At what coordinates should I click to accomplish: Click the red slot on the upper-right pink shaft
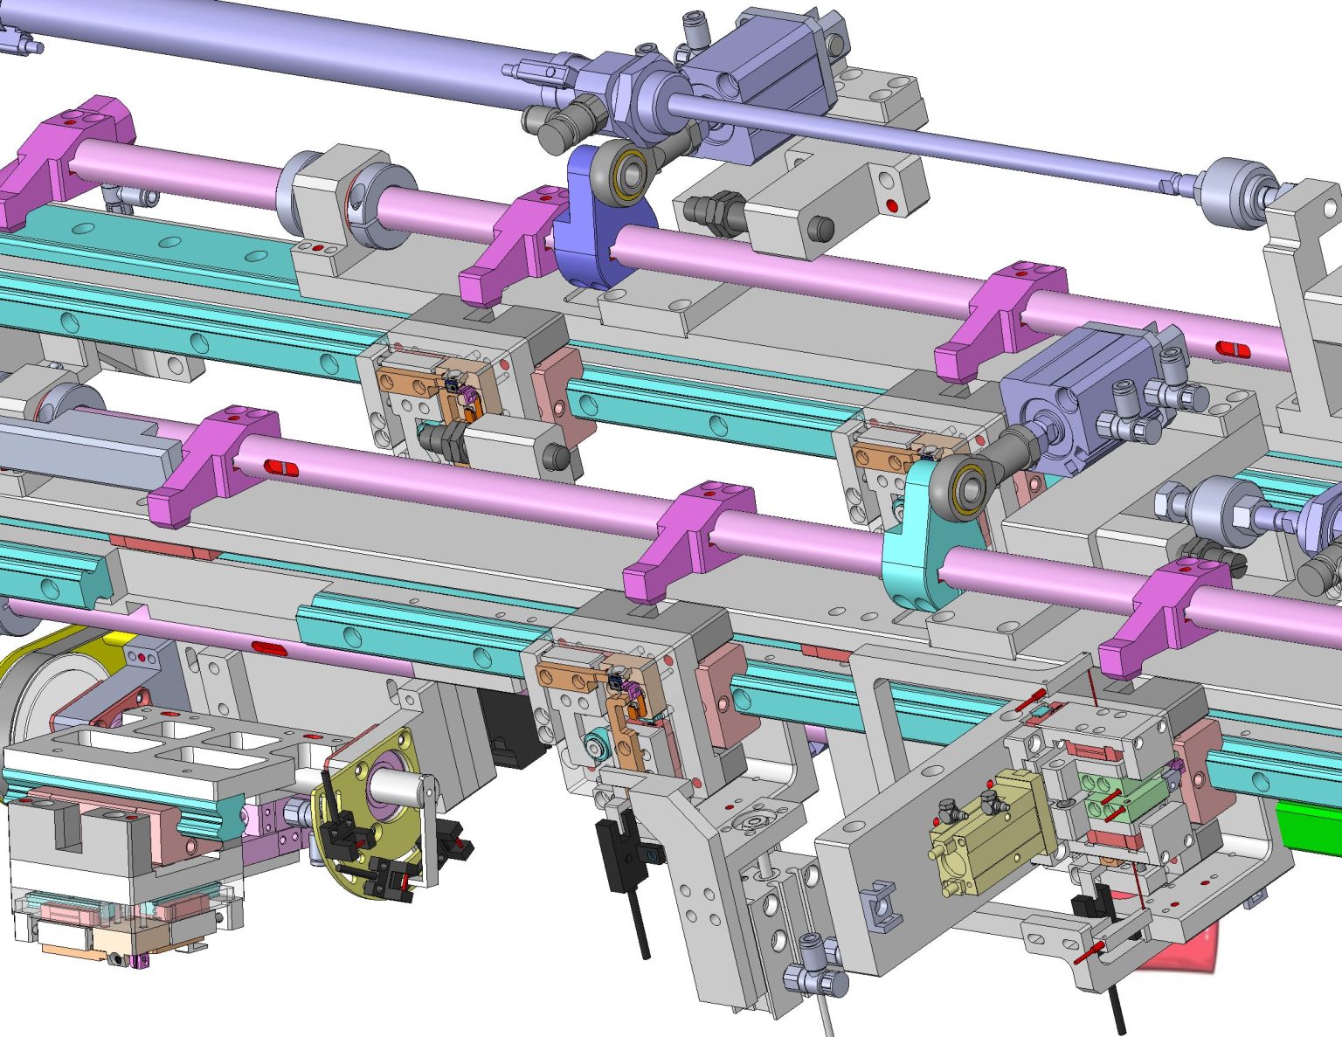pyautogui.click(x=1232, y=349)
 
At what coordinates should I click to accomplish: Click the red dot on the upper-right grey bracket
pyautogui.click(x=891, y=206)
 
